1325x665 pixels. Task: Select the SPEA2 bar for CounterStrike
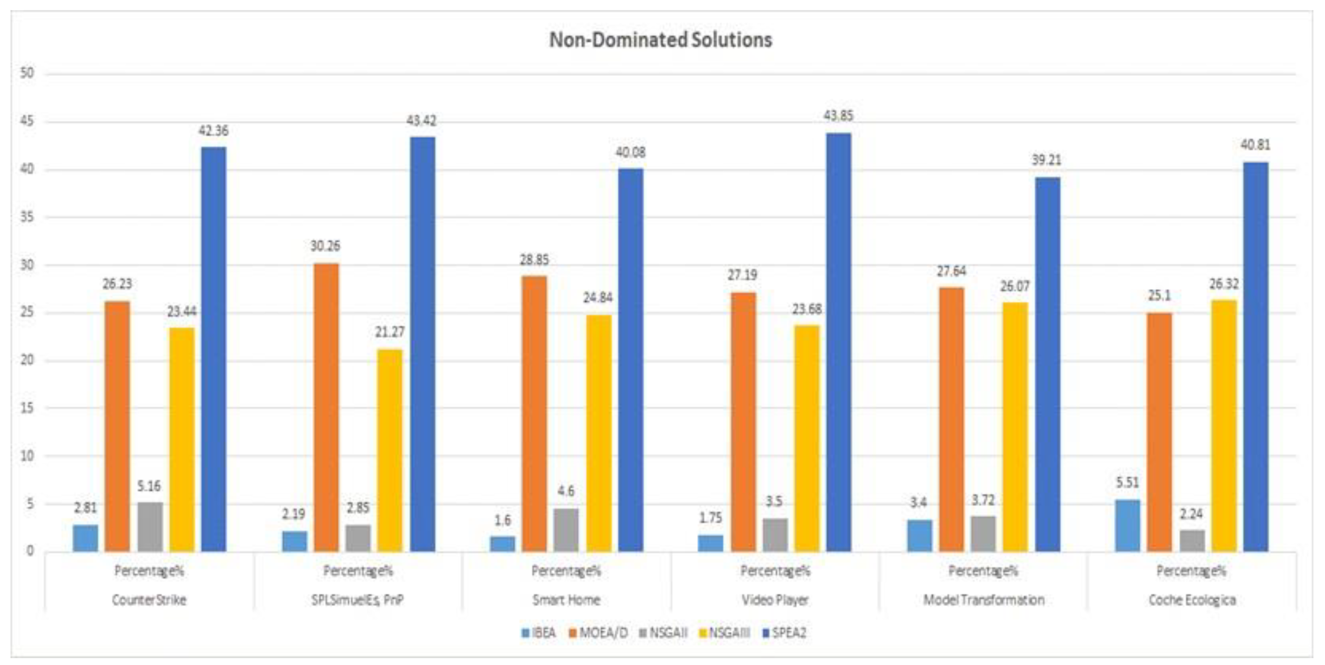pyautogui.click(x=213, y=349)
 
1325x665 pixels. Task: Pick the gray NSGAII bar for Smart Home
pyautogui.click(x=566, y=530)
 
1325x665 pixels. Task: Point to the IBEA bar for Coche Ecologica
pyautogui.click(x=1127, y=526)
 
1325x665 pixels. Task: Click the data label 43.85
pyautogui.click(x=838, y=116)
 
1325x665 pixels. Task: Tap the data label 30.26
pyautogui.click(x=325, y=246)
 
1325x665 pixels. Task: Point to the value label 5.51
pyautogui.click(x=1127, y=482)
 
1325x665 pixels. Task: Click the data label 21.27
pyautogui.click(x=389, y=332)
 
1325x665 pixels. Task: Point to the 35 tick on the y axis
pyautogui.click(x=27, y=217)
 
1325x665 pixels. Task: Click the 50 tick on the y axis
pyautogui.click(x=27, y=73)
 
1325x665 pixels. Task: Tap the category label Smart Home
pyautogui.click(x=566, y=600)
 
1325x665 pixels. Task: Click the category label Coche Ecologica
pyautogui.click(x=1192, y=600)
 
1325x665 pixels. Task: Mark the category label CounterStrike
pyautogui.click(x=149, y=600)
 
